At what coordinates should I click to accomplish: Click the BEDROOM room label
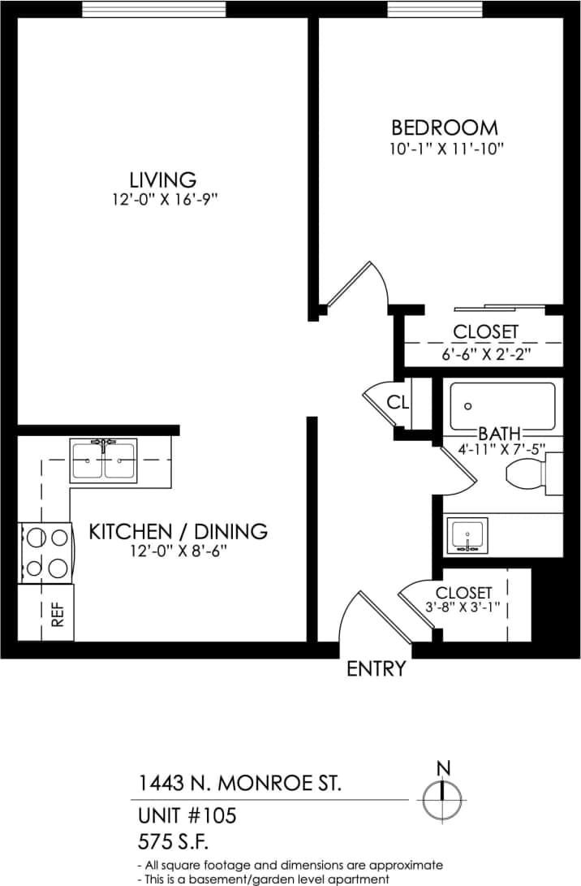[x=444, y=127]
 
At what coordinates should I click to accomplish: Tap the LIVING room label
[x=163, y=179]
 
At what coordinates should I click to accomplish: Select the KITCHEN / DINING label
[x=178, y=531]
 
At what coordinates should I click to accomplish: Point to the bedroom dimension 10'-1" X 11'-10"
[x=445, y=149]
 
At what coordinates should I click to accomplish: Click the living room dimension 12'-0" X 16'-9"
[x=166, y=200]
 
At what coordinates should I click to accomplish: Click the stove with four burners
[x=45, y=552]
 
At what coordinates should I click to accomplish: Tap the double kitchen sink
[x=103, y=460]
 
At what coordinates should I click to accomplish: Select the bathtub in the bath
[x=502, y=406]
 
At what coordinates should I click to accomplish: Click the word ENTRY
[x=376, y=669]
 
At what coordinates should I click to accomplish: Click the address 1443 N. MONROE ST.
[x=239, y=784]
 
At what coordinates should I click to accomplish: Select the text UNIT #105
[x=186, y=815]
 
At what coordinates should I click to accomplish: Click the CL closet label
[x=398, y=402]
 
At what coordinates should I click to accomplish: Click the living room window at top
[x=154, y=8]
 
